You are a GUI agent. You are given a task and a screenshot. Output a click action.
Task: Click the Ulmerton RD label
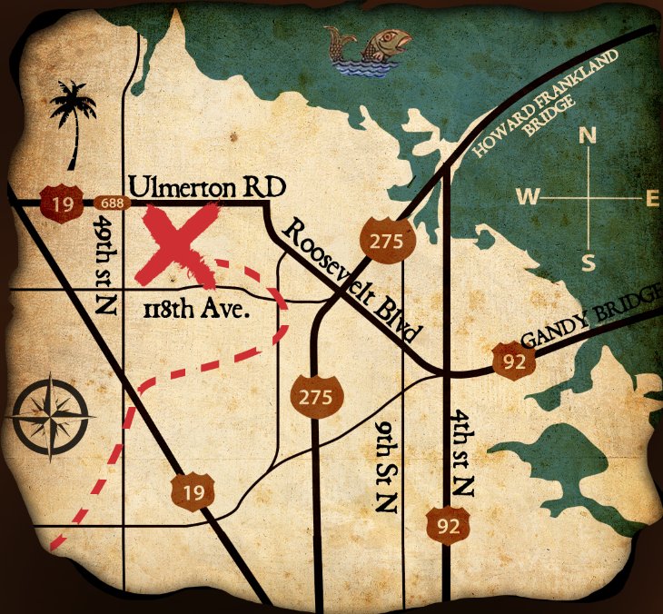tap(207, 187)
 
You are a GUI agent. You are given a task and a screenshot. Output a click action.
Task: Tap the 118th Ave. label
tap(196, 309)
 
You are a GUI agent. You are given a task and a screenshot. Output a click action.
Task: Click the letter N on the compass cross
tap(588, 137)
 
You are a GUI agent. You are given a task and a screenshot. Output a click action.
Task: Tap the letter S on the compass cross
tap(588, 262)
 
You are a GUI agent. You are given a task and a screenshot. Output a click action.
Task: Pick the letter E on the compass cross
tap(651, 198)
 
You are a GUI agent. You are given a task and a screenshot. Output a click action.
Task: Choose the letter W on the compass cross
tap(527, 197)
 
